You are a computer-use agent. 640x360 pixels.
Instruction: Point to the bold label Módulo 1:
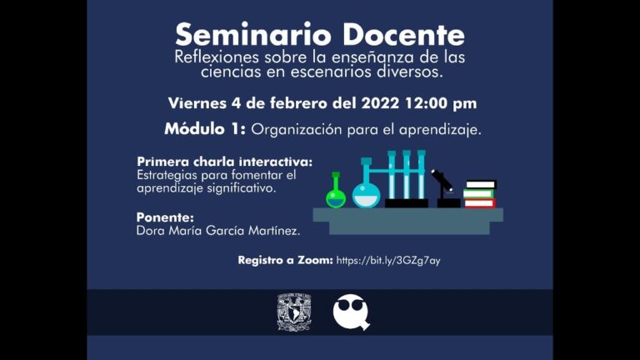pos(204,130)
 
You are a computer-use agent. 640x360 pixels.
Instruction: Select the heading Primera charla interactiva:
pos(224,162)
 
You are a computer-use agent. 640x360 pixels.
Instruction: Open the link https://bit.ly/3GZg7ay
pos(388,261)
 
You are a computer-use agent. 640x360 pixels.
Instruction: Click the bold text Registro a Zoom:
pos(285,261)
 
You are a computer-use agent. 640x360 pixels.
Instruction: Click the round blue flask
pos(366,192)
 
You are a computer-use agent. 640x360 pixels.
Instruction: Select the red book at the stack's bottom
pos(479,203)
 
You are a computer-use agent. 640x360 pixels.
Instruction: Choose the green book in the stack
pos(478,194)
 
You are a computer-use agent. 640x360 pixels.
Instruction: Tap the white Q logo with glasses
pos(350,312)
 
